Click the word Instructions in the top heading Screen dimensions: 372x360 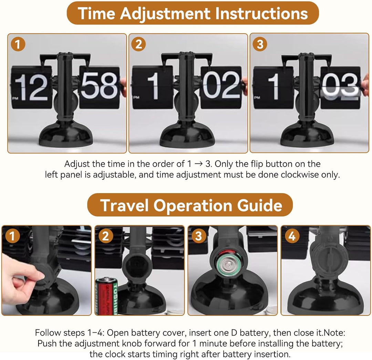(x=261, y=13)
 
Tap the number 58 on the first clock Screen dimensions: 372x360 (x=99, y=86)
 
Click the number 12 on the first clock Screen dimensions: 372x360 (x=31, y=87)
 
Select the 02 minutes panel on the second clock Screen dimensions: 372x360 (x=221, y=87)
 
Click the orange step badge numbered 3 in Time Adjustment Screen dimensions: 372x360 (x=260, y=44)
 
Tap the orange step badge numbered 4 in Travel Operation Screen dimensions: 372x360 (x=292, y=236)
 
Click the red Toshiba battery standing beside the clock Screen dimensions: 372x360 (x=107, y=296)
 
